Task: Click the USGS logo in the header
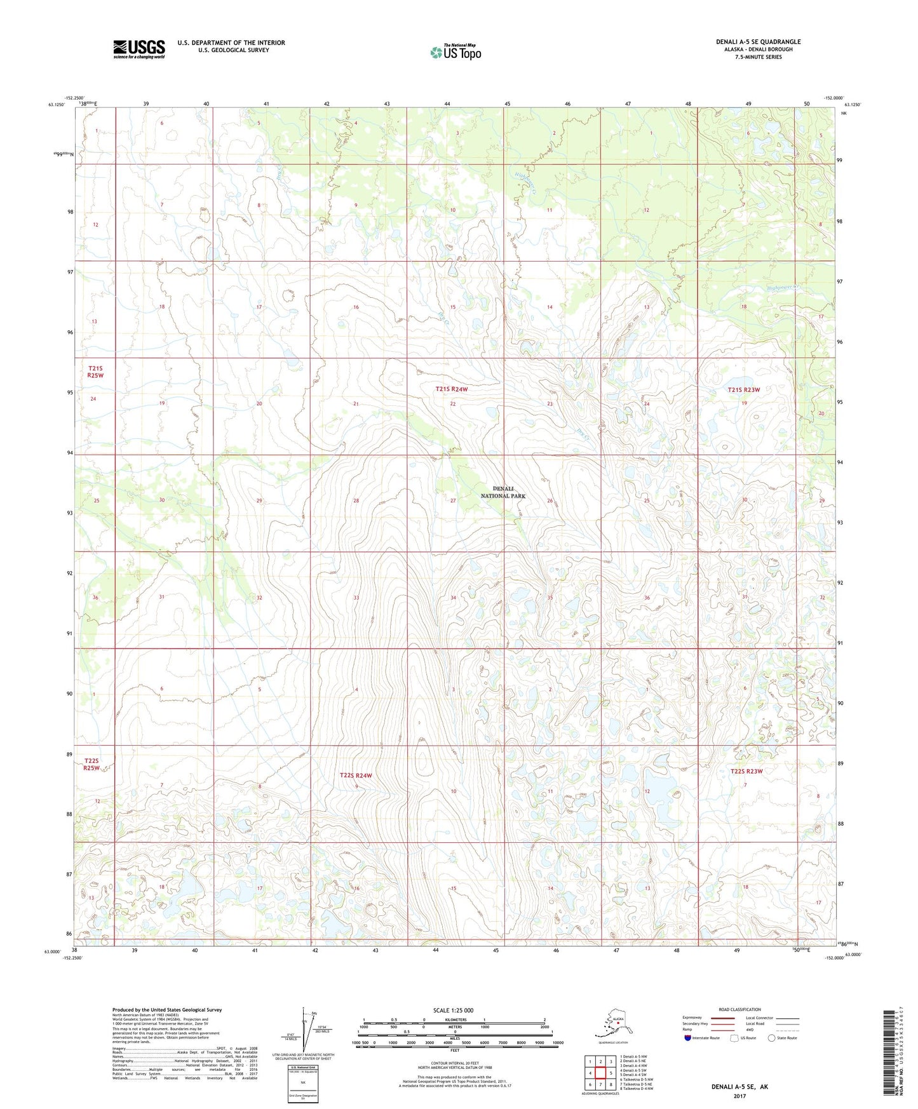click(138, 49)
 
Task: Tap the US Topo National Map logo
click(455, 52)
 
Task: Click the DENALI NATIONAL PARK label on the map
click(503, 492)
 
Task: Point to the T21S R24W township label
click(451, 389)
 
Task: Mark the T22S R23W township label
click(746, 771)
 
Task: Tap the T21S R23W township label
click(743, 390)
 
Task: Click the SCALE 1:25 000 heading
click(453, 1011)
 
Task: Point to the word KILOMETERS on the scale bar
click(454, 1020)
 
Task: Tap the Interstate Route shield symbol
click(688, 1038)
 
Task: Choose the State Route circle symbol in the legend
click(771, 1038)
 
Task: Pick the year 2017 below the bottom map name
click(739, 1096)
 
